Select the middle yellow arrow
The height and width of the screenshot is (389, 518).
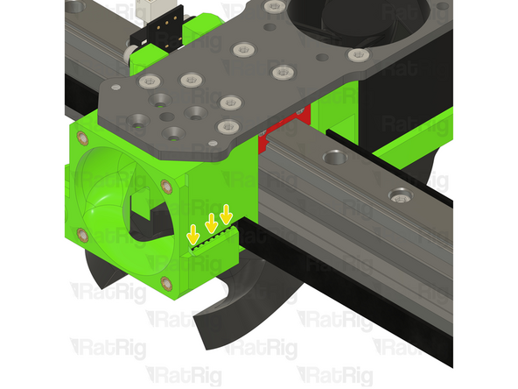pos(210,223)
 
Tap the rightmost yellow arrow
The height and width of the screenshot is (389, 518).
pos(227,213)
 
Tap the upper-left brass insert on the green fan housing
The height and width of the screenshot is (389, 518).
pos(82,138)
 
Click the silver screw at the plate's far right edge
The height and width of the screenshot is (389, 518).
pos(355,56)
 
